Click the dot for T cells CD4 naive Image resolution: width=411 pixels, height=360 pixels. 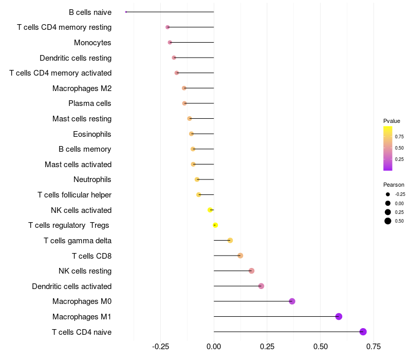(x=363, y=332)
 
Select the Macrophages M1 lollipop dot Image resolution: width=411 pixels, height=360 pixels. (x=339, y=316)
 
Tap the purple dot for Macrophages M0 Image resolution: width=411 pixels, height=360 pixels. (x=292, y=301)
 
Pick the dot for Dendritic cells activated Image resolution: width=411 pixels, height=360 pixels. (x=261, y=286)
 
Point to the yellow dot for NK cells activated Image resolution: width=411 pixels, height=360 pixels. (x=210, y=210)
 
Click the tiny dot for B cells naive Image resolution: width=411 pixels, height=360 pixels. (x=126, y=12)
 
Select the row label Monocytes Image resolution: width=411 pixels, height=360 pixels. (x=92, y=42)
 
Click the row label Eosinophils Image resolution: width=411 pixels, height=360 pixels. (x=92, y=134)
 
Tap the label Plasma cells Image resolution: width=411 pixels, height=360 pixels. (x=90, y=103)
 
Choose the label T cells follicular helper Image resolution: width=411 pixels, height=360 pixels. (x=74, y=195)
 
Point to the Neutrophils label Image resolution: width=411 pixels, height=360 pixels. (x=92, y=179)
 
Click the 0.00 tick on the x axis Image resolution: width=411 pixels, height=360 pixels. (x=214, y=347)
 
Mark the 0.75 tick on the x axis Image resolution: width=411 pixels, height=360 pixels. (x=373, y=347)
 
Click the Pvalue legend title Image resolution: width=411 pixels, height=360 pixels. (x=391, y=121)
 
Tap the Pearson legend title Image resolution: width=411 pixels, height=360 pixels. (x=394, y=185)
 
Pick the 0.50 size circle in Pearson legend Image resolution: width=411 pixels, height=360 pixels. (x=388, y=221)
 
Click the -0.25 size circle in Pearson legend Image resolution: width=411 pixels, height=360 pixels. (x=388, y=194)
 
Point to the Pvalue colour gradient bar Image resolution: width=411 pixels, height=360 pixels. (x=388, y=148)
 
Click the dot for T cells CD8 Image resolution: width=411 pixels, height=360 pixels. (x=240, y=256)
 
